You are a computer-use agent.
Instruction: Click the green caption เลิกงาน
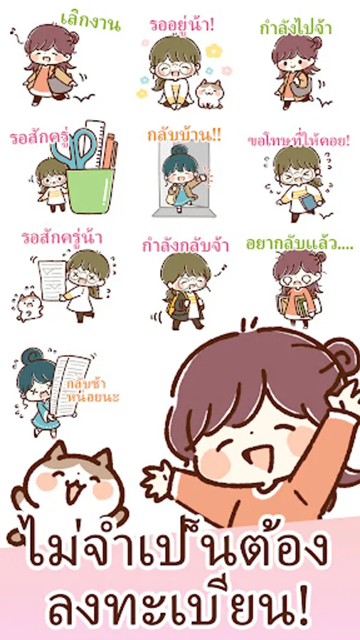90,22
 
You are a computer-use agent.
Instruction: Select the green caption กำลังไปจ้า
296,29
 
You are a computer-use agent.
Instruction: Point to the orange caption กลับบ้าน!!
184,136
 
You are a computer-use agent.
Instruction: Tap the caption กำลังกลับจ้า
186,247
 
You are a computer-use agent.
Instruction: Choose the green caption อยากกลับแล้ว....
300,244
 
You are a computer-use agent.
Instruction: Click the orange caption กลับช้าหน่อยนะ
93,390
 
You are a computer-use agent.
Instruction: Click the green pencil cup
90,191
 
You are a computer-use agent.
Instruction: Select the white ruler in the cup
95,144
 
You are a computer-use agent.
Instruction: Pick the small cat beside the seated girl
209,95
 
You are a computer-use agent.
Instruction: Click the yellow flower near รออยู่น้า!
214,50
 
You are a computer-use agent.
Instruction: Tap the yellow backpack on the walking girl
173,305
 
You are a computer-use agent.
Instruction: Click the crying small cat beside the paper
29,306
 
